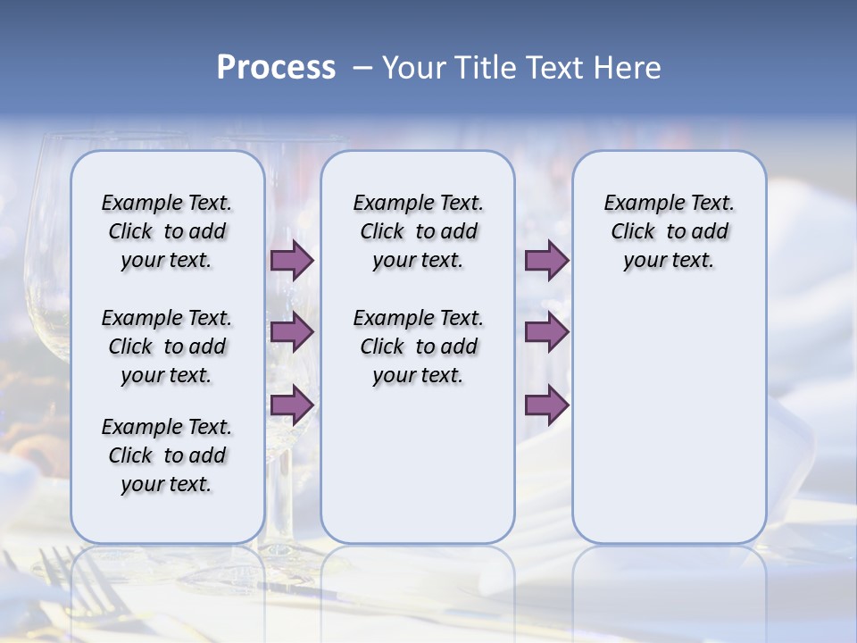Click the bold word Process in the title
click(276, 68)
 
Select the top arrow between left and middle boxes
click(291, 260)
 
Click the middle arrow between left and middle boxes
click(291, 332)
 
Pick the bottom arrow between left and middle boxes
click(291, 405)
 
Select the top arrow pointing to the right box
click(546, 260)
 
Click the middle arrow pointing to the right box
click(546, 332)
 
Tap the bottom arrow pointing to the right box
click(546, 405)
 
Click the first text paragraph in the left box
click(167, 231)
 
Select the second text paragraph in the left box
click(167, 347)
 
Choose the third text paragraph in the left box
click(167, 455)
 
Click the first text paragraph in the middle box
click(418, 231)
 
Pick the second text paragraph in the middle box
click(418, 347)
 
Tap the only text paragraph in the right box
click(669, 231)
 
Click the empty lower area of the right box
click(669, 429)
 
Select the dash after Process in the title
click(362, 68)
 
